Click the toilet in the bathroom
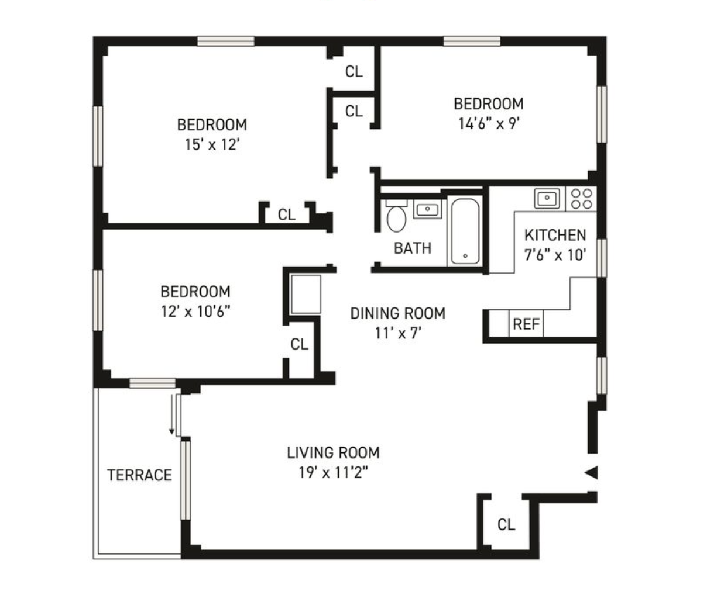click(397, 217)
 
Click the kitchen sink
click(547, 198)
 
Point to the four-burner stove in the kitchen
click(582, 199)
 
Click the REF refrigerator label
click(526, 324)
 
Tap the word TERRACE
click(139, 475)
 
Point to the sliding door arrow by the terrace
click(172, 416)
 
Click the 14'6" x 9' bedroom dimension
click(488, 124)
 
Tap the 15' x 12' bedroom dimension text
click(212, 144)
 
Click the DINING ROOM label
click(397, 313)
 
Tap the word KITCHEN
click(555, 236)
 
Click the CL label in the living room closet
click(506, 525)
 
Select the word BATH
click(413, 248)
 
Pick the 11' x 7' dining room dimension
click(398, 333)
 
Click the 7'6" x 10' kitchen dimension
click(555, 255)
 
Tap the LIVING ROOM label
click(333, 452)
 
